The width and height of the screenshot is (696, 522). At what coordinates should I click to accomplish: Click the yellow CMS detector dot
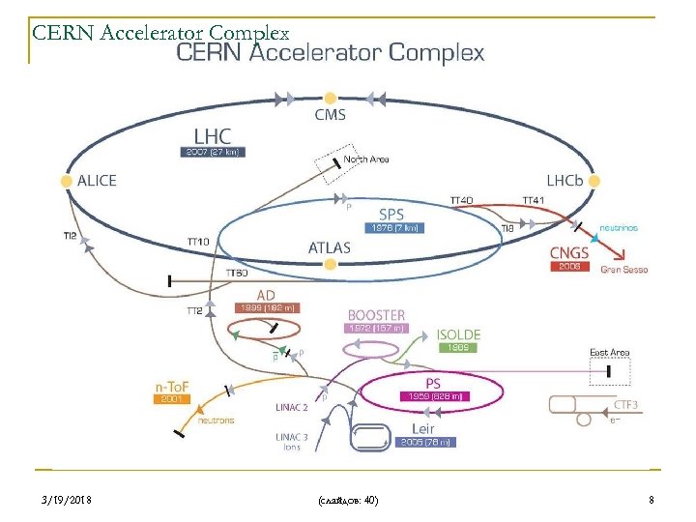coord(330,98)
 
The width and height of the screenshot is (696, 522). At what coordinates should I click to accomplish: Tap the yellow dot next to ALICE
coord(66,180)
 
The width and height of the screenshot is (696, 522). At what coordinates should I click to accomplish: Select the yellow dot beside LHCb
coord(594,180)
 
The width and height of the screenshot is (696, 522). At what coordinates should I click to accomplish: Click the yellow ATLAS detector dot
coord(330,264)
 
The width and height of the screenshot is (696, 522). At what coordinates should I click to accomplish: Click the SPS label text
coord(391,214)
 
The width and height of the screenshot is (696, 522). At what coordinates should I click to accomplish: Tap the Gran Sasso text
coord(623,270)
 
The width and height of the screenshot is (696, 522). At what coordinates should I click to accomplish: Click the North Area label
coord(366,159)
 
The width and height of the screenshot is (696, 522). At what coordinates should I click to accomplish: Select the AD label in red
coord(267,294)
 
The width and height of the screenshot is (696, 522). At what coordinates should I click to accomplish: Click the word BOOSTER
coord(376,315)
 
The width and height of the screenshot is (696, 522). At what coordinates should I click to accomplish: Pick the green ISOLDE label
coord(458,334)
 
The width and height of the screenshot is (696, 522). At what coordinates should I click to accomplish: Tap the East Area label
coord(609,353)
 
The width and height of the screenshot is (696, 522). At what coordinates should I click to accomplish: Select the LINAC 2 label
coord(292,408)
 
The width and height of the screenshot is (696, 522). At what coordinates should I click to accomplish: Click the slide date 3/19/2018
coord(68,500)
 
